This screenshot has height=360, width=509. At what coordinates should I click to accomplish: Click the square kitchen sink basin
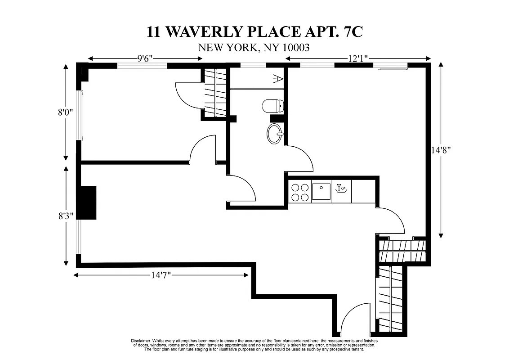click(x=321, y=192)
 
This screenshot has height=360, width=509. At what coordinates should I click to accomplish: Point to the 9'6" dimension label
click(x=145, y=58)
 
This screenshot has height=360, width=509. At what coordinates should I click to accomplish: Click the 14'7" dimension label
click(x=160, y=275)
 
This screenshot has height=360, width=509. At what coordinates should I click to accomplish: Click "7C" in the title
click(x=348, y=32)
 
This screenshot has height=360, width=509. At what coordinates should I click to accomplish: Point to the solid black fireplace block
click(x=88, y=202)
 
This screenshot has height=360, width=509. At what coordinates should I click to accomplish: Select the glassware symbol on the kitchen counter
click(x=341, y=188)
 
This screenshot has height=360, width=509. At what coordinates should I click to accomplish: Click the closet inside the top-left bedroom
click(x=215, y=94)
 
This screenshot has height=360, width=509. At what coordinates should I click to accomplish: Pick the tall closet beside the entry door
click(x=390, y=300)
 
